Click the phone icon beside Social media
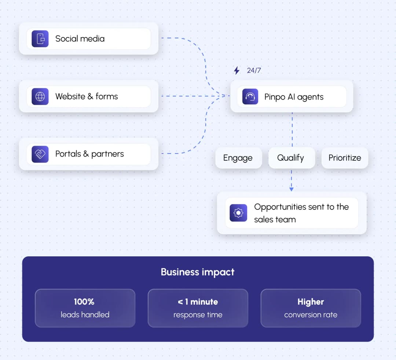click(x=40, y=39)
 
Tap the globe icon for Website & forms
click(x=40, y=96)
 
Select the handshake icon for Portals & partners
click(x=40, y=154)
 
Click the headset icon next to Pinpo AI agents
click(x=250, y=96)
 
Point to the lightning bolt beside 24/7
click(x=236, y=70)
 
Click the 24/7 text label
click(x=254, y=70)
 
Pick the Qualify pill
click(x=292, y=158)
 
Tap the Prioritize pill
click(x=345, y=158)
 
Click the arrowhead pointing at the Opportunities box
click(x=291, y=189)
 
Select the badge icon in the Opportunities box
click(x=238, y=213)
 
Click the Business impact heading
click(x=198, y=272)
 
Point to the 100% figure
click(x=84, y=301)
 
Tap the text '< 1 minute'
click(x=198, y=302)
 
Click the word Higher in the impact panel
click(x=311, y=302)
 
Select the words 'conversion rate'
click(x=311, y=315)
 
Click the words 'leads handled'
click(x=85, y=315)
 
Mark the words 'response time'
click(x=198, y=315)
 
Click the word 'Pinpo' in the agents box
click(x=275, y=97)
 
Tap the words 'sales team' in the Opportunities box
click(x=275, y=219)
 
